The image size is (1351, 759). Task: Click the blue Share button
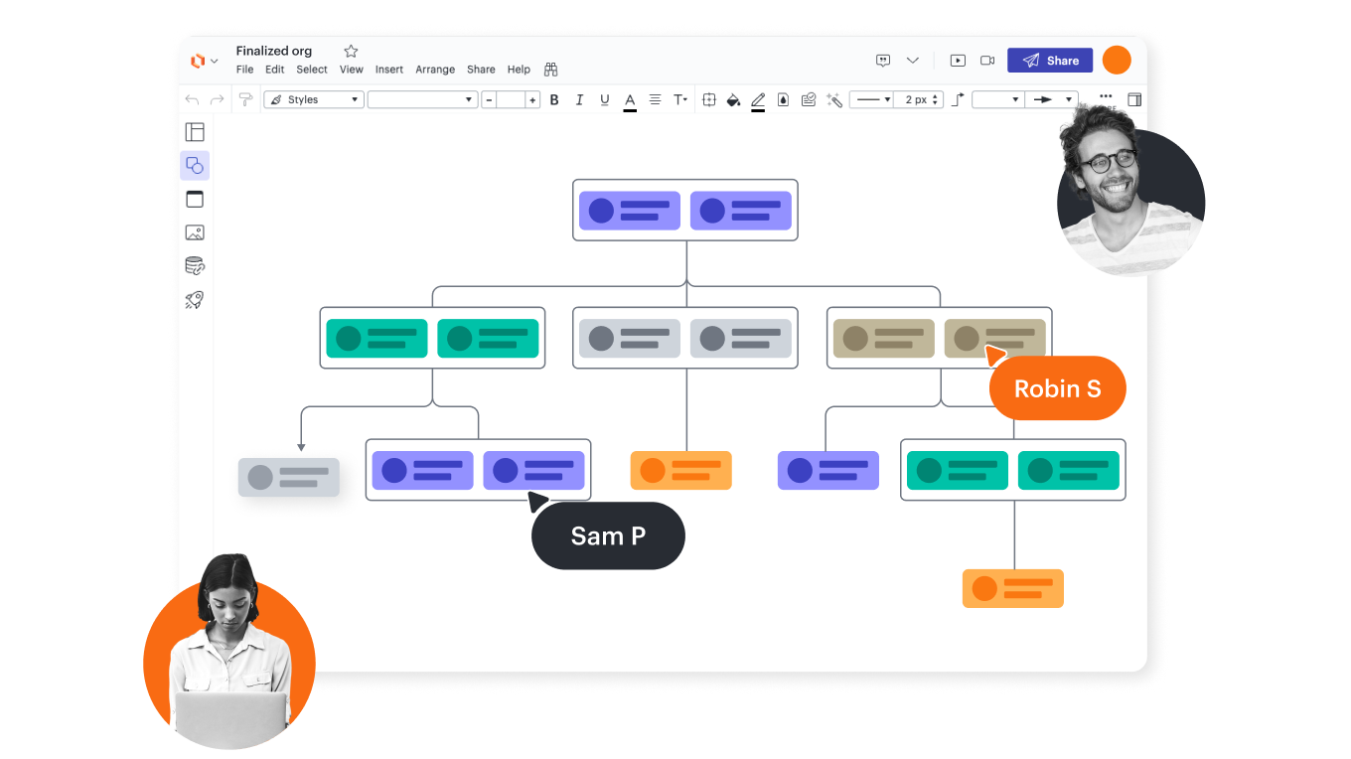click(1050, 61)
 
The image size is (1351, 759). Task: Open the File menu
click(244, 70)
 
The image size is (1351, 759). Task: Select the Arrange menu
click(435, 70)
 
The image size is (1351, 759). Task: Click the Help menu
click(519, 70)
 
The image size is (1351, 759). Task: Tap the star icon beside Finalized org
click(351, 51)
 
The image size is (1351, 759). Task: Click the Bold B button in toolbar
click(554, 99)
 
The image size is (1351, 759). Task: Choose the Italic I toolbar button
click(579, 99)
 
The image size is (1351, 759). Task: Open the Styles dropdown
click(314, 99)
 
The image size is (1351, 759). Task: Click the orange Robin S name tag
click(1058, 388)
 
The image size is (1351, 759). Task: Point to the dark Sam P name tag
click(608, 536)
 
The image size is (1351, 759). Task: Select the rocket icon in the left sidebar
click(195, 299)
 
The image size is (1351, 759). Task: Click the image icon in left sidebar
click(195, 232)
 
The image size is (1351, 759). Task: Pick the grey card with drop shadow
click(289, 477)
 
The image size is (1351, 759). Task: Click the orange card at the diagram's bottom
click(1013, 588)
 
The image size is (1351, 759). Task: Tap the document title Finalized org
click(274, 51)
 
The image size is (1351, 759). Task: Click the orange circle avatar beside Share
click(1117, 60)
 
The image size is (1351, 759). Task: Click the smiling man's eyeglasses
click(1109, 161)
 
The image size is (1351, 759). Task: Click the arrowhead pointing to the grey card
click(301, 447)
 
